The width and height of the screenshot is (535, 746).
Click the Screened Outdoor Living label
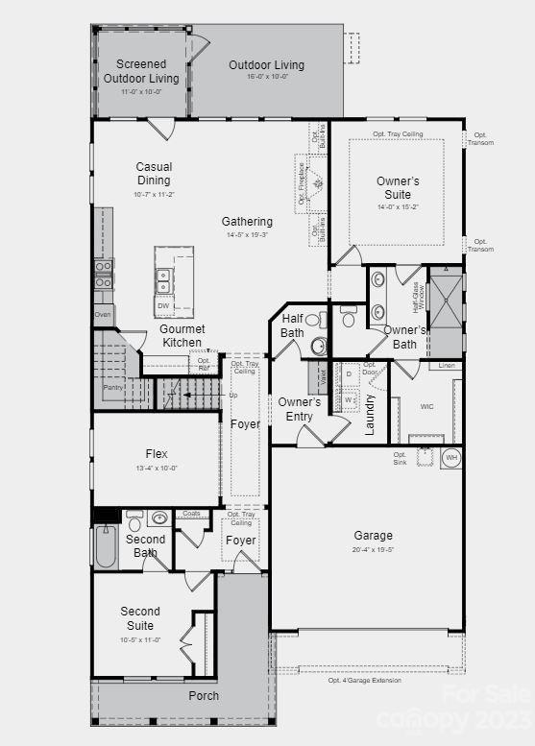(141, 72)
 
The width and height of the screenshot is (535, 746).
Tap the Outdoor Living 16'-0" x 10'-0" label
(266, 65)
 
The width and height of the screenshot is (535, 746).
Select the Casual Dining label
(154, 174)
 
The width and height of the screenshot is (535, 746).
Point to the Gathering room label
(247, 222)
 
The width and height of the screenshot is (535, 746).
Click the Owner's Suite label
(398, 187)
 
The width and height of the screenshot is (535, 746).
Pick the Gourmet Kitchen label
(182, 336)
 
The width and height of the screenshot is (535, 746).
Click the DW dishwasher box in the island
(163, 306)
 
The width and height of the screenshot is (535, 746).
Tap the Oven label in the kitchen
(104, 313)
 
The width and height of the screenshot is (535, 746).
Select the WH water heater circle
(450, 458)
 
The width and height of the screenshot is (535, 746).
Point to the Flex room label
(156, 454)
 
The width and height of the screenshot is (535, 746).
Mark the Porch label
(203, 696)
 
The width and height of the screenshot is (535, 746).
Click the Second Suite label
(140, 618)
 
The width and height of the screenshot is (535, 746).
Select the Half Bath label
(292, 325)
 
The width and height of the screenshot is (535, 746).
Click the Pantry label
(113, 387)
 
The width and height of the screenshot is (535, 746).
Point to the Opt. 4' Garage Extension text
(364, 680)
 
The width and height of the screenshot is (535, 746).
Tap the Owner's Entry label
(299, 409)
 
